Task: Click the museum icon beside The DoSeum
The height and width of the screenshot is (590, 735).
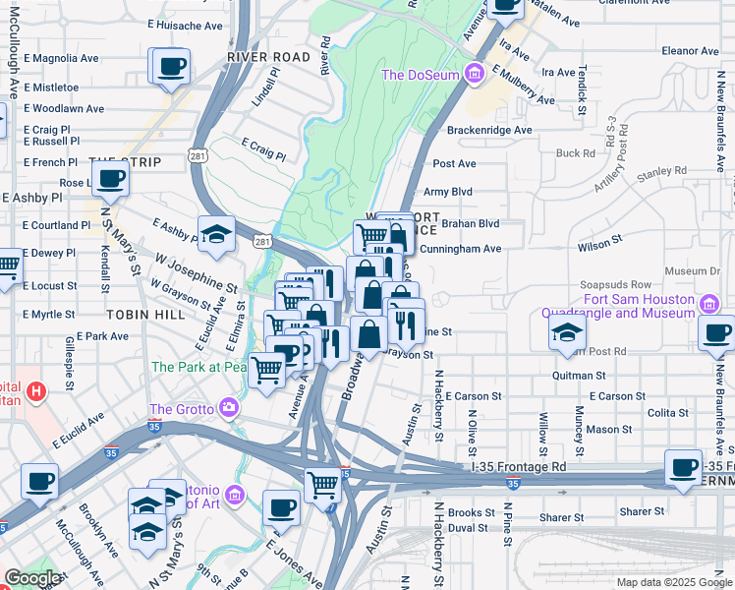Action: click(x=475, y=75)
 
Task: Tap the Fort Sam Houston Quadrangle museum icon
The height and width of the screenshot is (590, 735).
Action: click(x=707, y=301)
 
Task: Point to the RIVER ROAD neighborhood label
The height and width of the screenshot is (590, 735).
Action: click(x=268, y=57)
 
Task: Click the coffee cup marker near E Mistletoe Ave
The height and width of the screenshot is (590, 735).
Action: click(x=170, y=66)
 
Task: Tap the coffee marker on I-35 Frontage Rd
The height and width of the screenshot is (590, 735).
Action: click(x=683, y=468)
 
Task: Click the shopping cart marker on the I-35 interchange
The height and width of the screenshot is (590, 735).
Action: click(x=322, y=485)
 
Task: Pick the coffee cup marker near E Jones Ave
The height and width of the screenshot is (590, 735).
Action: click(x=281, y=508)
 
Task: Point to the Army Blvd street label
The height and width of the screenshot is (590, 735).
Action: click(x=447, y=192)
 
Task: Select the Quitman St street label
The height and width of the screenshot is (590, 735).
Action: click(x=579, y=376)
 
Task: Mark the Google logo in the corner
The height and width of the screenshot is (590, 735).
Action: click(x=32, y=578)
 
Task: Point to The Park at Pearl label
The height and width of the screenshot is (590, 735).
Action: click(x=198, y=367)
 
